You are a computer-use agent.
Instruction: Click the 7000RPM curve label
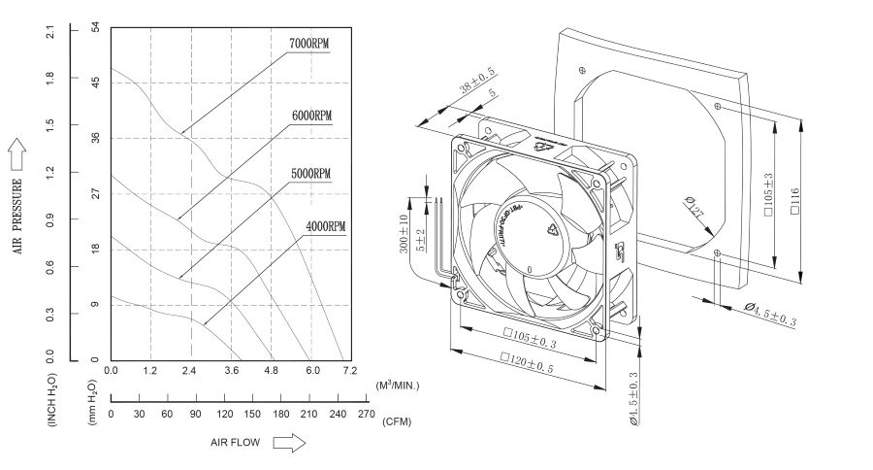click(309, 45)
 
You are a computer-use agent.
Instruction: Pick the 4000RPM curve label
click(325, 226)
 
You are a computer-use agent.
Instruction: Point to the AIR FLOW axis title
click(235, 442)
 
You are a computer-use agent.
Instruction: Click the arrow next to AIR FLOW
click(288, 442)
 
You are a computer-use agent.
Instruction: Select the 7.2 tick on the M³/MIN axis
click(349, 371)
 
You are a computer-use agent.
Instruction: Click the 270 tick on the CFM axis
click(366, 414)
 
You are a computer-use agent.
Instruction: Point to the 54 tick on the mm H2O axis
click(96, 29)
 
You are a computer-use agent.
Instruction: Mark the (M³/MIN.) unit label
click(398, 386)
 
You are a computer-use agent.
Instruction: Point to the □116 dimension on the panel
click(794, 201)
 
